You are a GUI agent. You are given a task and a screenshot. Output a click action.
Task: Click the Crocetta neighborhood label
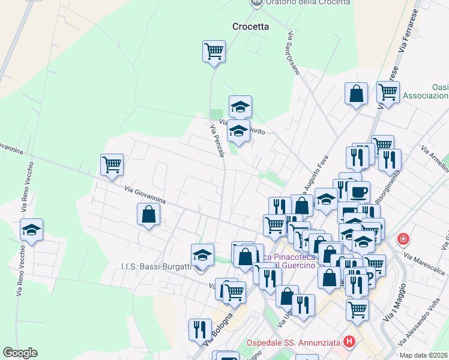click(250, 26)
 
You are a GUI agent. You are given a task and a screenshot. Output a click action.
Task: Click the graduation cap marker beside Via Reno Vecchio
click(31, 230)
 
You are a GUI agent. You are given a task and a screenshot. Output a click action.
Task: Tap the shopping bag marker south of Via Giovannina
click(148, 214)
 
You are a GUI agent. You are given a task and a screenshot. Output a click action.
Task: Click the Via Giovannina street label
click(145, 196)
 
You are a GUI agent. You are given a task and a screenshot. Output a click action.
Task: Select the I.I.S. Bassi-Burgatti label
click(155, 266)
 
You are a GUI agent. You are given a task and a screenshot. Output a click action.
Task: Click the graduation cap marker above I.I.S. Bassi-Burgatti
click(203, 255)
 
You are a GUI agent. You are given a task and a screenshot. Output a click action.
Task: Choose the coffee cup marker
click(360, 193)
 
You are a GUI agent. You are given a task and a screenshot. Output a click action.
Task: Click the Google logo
click(20, 353)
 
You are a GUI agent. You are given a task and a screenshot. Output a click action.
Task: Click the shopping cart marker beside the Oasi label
click(388, 93)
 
